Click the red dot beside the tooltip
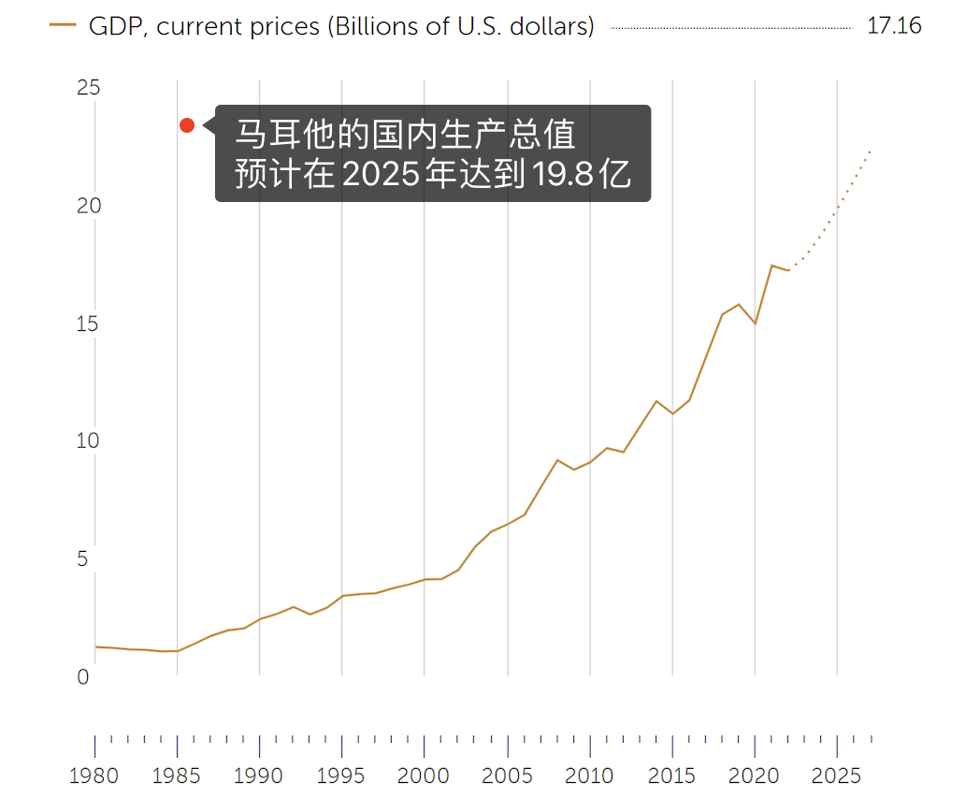click(x=187, y=125)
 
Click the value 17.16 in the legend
click(x=894, y=26)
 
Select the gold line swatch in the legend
click(x=63, y=26)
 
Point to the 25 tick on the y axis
click(x=89, y=89)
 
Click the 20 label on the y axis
click(x=89, y=207)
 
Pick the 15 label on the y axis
click(x=89, y=325)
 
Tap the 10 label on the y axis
click(x=89, y=441)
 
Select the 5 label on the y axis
click(x=83, y=559)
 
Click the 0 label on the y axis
click(x=83, y=677)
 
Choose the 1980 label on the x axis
click(x=94, y=776)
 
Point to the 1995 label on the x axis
click(x=341, y=776)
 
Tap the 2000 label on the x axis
click(x=424, y=776)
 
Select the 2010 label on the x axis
click(x=589, y=776)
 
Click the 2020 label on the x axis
click(x=755, y=776)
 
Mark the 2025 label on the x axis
click(x=837, y=776)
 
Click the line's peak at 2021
click(x=771, y=266)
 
